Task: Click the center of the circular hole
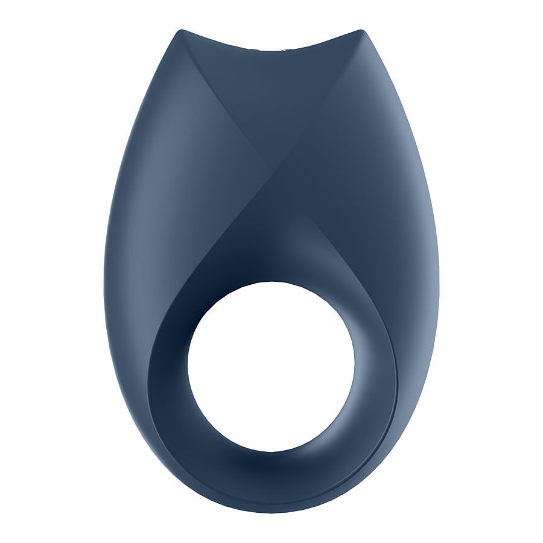(x=271, y=366)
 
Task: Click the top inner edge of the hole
(x=271, y=282)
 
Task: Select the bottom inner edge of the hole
(x=271, y=451)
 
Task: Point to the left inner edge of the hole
(x=188, y=366)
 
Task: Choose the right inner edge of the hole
(x=355, y=366)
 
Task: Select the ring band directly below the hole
(x=271, y=477)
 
